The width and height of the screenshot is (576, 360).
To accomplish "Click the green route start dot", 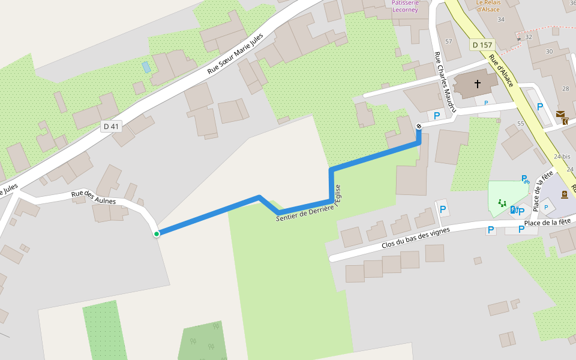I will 157,234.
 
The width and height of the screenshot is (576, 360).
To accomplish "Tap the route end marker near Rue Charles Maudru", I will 418,126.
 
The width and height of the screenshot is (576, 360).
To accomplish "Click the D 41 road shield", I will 112,126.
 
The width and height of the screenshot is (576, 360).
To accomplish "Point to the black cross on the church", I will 478,84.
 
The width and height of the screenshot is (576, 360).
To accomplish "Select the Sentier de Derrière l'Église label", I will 308,204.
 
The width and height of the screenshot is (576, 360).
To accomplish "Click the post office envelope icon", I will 560,114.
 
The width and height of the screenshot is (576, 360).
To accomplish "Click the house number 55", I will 520,123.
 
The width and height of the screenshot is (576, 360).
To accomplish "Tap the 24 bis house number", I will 562,157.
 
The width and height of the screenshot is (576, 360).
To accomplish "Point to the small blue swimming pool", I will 146,67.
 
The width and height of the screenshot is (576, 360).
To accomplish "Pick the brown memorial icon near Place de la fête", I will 564,194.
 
